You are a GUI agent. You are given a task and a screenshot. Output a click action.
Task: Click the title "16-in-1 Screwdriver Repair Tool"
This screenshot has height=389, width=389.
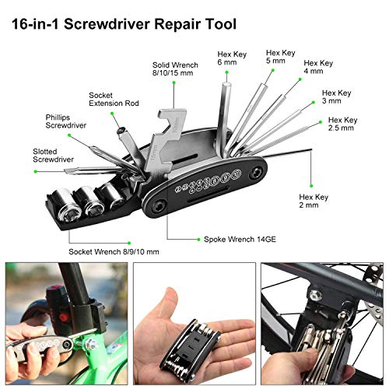124,24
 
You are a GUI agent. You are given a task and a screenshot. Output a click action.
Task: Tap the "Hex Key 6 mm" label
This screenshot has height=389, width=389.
232,58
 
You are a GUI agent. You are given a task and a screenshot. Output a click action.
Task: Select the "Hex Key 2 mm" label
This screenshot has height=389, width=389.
314,201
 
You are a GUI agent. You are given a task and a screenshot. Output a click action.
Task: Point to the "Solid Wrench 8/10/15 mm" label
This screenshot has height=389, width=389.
175,69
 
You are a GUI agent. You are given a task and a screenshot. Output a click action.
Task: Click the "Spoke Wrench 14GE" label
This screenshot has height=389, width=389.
240,239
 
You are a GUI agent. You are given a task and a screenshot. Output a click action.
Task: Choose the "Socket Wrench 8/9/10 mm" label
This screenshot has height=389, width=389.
114,251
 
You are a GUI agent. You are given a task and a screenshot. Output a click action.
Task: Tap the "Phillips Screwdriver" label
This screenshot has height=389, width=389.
66,121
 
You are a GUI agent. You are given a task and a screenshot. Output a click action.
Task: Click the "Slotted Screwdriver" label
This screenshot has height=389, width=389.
53,156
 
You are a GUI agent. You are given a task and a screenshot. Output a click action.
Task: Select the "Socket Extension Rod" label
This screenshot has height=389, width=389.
114,100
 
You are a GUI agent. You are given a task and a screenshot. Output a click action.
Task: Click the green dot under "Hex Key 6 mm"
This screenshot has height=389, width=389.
226,72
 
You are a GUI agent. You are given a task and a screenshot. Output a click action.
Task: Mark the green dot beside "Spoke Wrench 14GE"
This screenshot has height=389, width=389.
198,240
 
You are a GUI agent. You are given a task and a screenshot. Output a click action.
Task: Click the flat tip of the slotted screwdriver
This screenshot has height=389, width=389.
67,171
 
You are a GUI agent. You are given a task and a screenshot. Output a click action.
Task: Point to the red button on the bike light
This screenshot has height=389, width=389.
63,317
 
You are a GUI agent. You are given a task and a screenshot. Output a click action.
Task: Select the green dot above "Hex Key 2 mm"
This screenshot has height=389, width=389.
311,186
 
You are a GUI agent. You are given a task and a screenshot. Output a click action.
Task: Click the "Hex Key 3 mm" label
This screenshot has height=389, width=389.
337,96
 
